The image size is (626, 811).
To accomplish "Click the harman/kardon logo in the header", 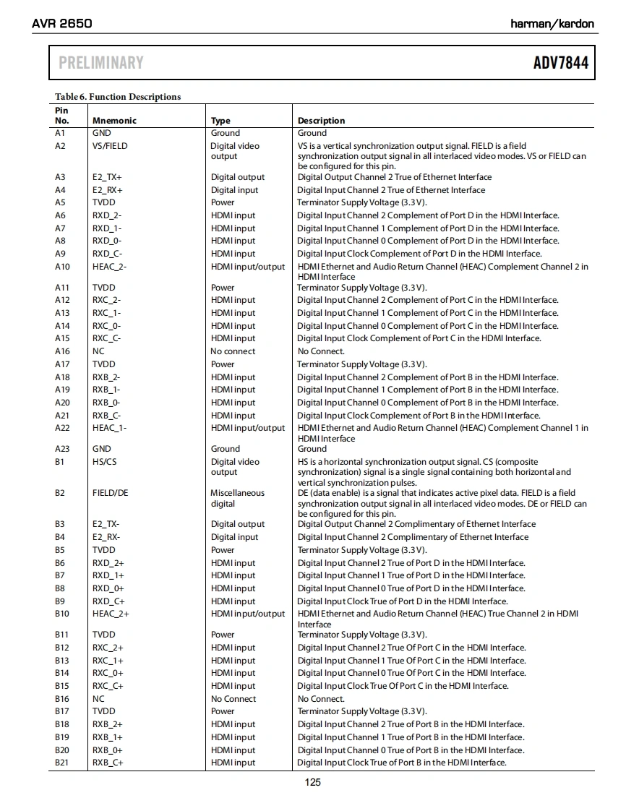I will click(x=552, y=24).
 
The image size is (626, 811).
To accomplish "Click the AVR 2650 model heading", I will click(x=62, y=24).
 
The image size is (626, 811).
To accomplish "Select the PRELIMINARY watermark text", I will click(x=101, y=63).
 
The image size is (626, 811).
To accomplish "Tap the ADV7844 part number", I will click(x=560, y=63).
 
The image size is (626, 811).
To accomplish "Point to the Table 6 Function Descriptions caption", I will click(x=118, y=97).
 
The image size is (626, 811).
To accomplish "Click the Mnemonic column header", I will click(x=114, y=121).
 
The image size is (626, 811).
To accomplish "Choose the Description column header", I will click(x=321, y=121).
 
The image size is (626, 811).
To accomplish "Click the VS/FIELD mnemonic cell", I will click(x=110, y=146).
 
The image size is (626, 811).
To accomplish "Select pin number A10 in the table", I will click(x=63, y=267).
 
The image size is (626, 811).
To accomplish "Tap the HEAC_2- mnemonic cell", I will click(x=110, y=267).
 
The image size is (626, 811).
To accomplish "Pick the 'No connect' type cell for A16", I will click(x=233, y=351).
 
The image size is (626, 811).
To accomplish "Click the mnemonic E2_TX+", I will click(x=107, y=177).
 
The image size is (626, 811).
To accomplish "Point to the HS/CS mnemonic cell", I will click(x=104, y=462).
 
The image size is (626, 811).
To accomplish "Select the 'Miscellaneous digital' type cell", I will click(x=237, y=498).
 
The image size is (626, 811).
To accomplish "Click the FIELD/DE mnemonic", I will click(x=110, y=493).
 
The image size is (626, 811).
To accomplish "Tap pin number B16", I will click(x=62, y=699).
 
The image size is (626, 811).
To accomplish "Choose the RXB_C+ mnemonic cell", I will click(x=108, y=763).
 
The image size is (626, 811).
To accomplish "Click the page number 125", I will click(x=312, y=782).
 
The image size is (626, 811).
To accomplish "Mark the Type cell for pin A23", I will click(x=225, y=449).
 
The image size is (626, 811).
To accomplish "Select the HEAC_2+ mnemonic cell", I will click(x=111, y=614).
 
